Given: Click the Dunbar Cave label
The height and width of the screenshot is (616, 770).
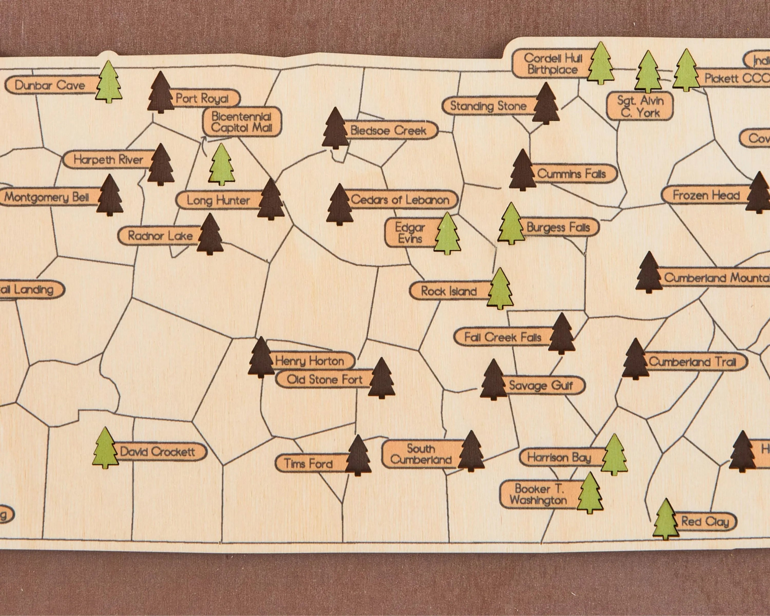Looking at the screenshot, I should [50, 85].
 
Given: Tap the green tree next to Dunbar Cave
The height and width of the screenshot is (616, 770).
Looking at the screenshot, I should [109, 82].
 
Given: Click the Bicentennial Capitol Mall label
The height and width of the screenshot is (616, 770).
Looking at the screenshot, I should [242, 122].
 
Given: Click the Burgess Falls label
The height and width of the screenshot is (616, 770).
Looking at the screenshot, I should [558, 227].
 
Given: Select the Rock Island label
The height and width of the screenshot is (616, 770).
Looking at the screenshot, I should [449, 291].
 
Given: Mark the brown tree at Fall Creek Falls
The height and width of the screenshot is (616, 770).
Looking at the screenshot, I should [561, 334].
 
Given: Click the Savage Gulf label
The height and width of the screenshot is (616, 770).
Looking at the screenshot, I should [541, 385].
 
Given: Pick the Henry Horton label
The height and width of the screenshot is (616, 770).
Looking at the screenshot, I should [309, 361].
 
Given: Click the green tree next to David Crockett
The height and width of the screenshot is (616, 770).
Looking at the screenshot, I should [105, 448].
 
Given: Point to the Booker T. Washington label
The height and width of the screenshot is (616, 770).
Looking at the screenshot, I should [538, 494].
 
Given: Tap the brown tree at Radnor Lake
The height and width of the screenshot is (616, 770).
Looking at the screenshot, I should [210, 235].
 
